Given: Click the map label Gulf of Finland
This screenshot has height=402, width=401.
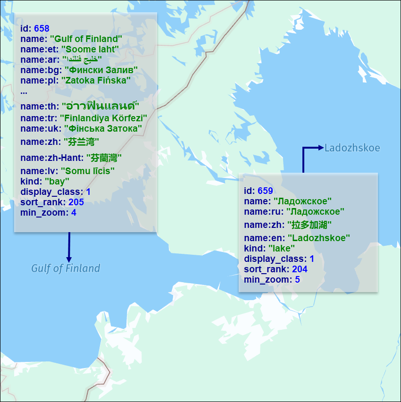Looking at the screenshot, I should coord(66,268).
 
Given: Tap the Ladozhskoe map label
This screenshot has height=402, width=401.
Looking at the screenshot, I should coord(352,148).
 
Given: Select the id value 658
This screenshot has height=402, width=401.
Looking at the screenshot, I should coord(42,29).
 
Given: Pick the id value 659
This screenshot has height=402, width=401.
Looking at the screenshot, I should coord(265,191).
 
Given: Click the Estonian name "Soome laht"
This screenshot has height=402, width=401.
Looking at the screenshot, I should coord(90,49).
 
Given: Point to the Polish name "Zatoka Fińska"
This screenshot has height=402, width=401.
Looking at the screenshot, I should coord(96,80).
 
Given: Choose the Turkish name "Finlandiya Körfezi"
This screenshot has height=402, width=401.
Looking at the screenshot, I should coord(103,117).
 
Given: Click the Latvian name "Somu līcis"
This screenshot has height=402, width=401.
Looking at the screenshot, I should coord(89,171).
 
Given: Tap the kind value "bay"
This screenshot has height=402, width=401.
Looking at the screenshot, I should coord(57,181).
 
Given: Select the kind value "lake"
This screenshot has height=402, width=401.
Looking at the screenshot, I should coord(282,248).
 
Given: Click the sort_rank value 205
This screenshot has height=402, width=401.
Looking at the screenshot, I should coord(76,202).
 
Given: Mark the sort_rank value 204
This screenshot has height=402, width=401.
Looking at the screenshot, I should coord(300,269).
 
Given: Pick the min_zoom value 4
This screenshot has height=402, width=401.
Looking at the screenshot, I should coord(74,212).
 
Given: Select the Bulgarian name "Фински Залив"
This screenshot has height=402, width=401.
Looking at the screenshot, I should coord(101,70).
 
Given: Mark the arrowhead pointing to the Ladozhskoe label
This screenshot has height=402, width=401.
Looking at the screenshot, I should coord(321,148).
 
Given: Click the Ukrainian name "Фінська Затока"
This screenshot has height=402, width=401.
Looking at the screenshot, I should coord(103,128).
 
